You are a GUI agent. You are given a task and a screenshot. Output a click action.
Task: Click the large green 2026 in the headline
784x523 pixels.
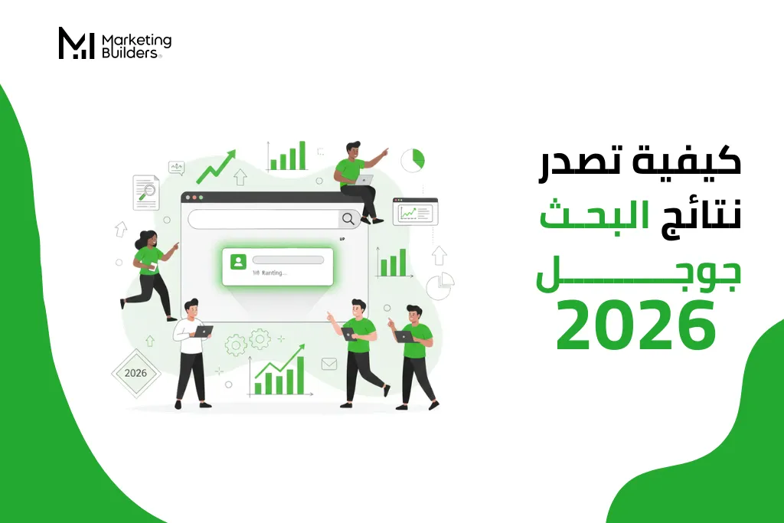coord(636,325)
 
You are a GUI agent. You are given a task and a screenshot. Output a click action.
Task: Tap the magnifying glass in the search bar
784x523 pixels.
coord(348,219)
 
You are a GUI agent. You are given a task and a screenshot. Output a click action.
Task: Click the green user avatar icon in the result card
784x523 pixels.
coord(238,262)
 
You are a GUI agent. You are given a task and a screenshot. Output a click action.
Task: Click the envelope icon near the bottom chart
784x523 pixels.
coord(329,364)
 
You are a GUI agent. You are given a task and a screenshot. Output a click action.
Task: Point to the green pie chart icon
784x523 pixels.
coord(413,160)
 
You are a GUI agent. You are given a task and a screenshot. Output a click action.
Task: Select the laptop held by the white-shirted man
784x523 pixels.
coord(203,332)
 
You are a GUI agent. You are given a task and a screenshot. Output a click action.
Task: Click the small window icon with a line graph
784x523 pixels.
coord(415,211)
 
